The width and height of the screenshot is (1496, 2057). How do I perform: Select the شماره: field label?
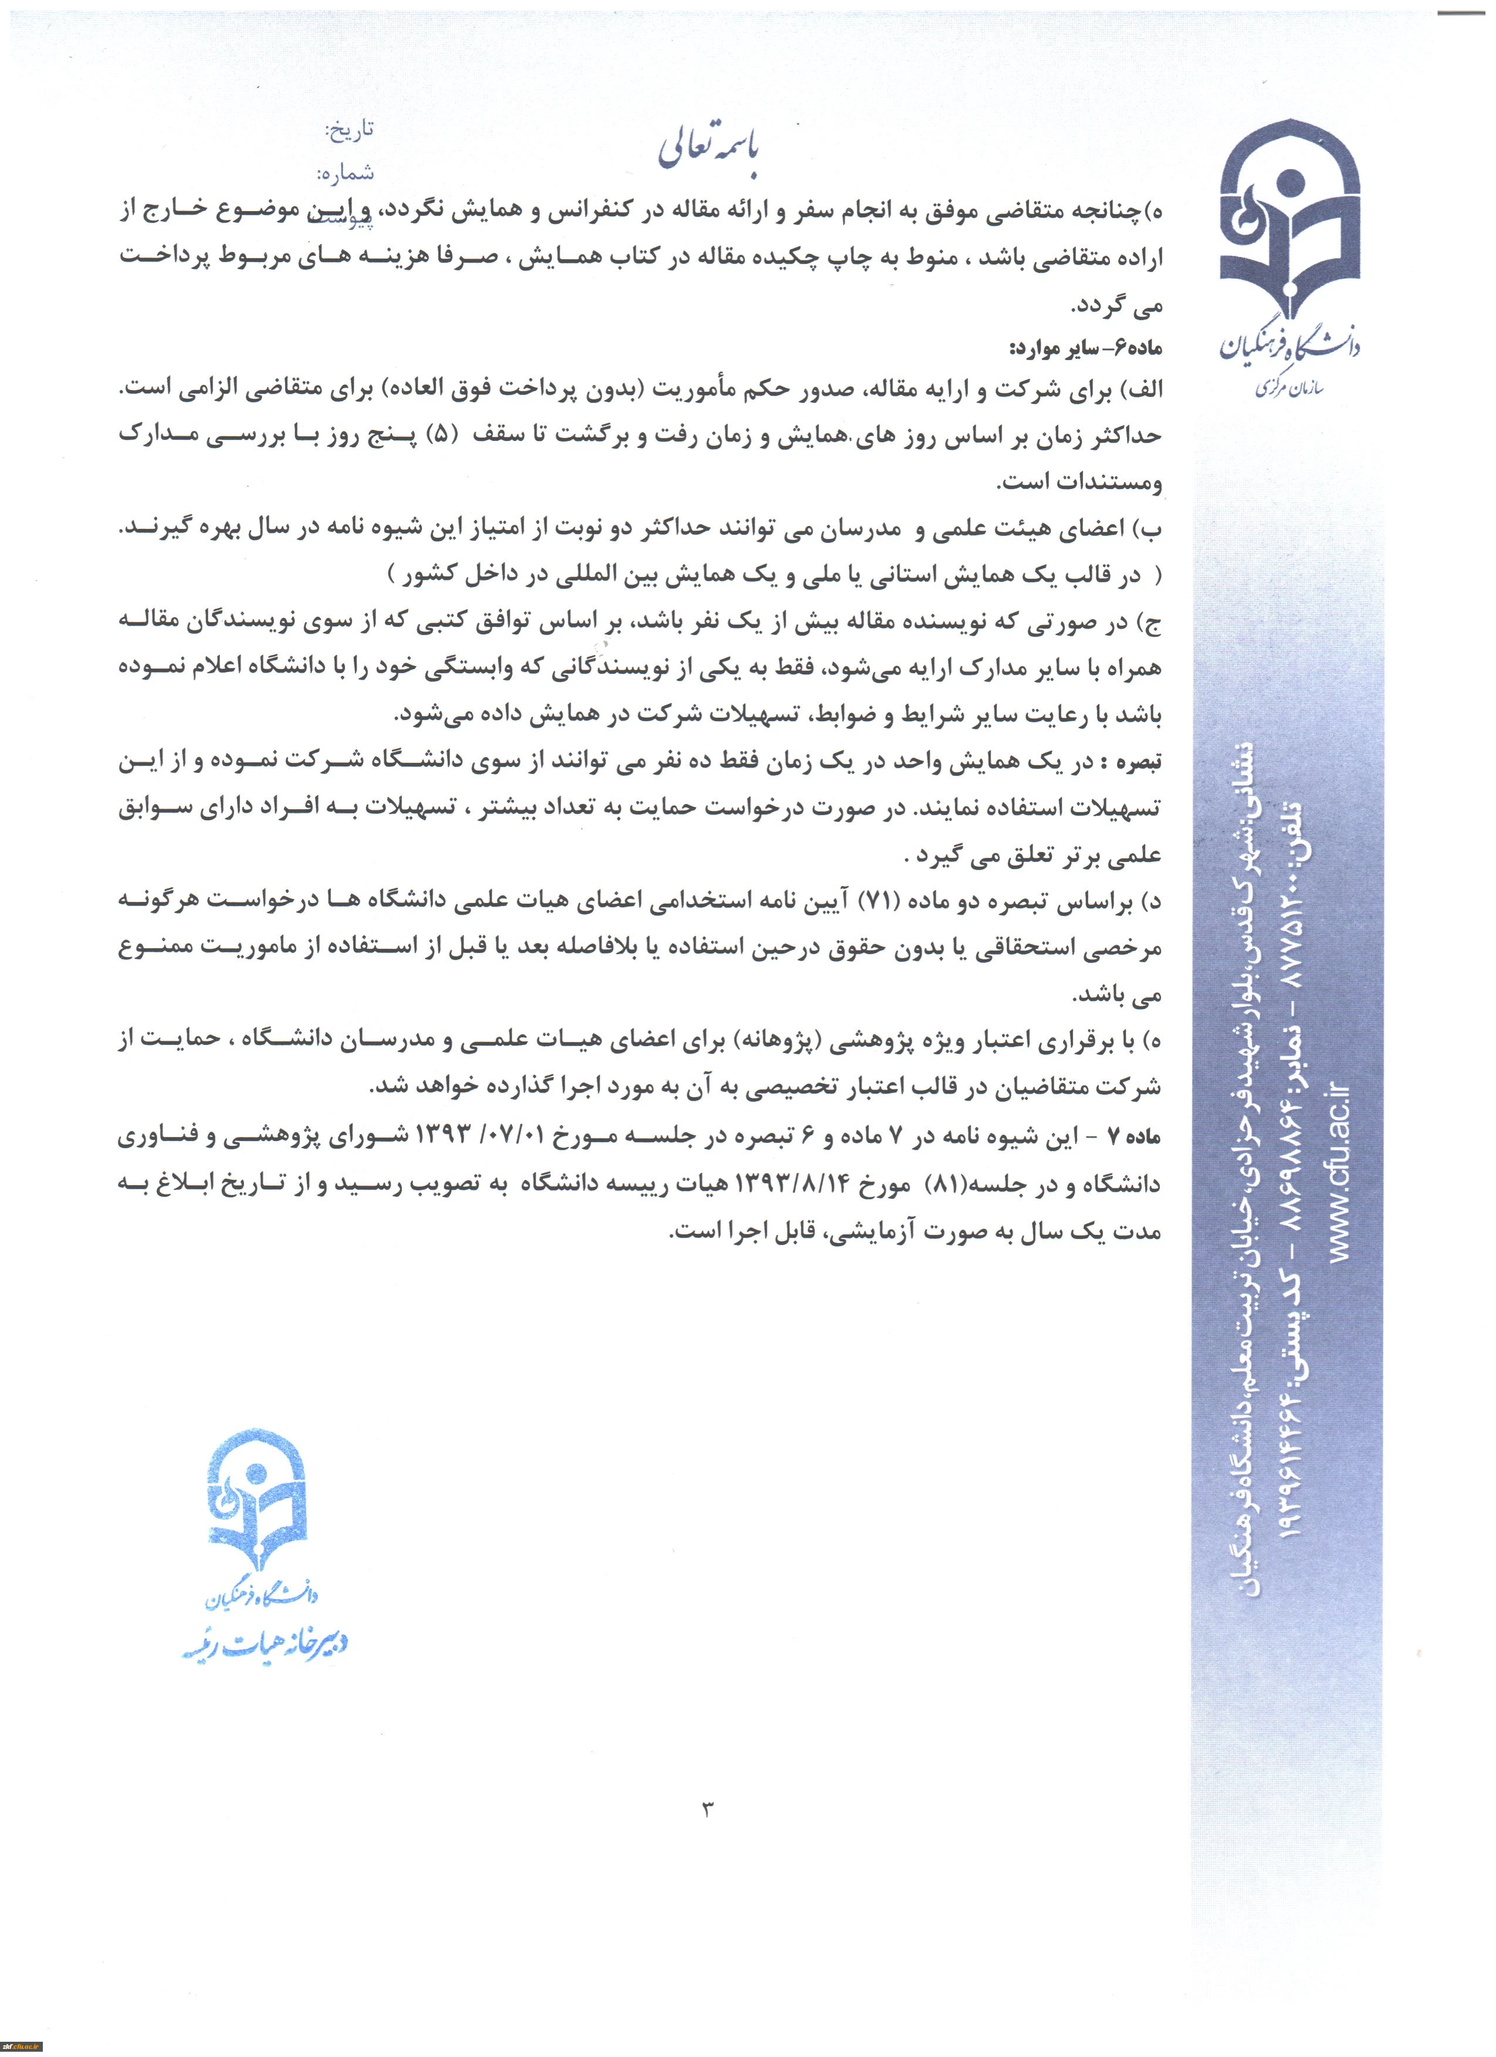(x=345, y=172)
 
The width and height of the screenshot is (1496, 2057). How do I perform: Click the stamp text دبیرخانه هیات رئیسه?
(x=266, y=1644)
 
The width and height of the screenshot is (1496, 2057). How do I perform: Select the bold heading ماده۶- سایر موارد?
(x=1086, y=348)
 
